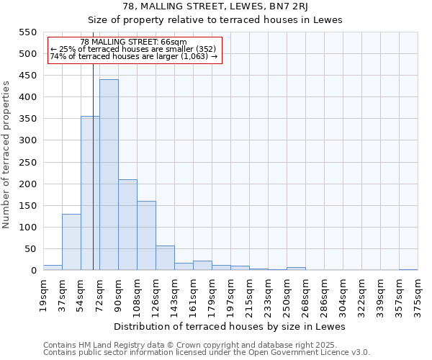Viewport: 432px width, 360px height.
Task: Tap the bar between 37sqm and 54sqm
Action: pos(71,242)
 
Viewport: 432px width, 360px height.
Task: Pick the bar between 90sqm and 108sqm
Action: pos(127,225)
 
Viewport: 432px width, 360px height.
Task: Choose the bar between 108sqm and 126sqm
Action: pos(146,235)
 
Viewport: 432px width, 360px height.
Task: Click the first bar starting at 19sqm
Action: pos(53,267)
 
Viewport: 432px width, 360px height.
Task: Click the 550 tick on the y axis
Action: pos(27,32)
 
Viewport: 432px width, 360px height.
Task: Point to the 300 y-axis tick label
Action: pos(27,140)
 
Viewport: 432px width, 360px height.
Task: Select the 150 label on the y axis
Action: pos(27,206)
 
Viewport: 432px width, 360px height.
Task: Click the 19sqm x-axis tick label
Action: pos(44,294)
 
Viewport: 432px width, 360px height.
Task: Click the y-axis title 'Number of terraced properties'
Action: pos(7,155)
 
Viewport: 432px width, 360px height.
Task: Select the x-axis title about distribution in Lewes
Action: pos(230,326)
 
